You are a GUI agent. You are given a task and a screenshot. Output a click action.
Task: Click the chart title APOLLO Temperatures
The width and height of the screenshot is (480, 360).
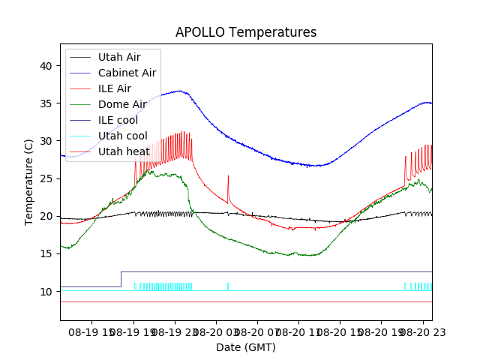[x=246, y=32]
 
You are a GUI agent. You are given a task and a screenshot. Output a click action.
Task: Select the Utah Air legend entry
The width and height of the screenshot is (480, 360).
[x=119, y=57]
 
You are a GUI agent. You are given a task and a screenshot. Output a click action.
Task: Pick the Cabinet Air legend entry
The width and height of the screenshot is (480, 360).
[x=127, y=73]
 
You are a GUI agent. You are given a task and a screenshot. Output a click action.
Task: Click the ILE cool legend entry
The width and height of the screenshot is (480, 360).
[x=118, y=120]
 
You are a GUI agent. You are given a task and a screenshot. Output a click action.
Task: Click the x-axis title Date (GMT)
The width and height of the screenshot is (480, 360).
[x=246, y=347]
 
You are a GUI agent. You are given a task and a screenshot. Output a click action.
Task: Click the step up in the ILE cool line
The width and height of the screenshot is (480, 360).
[x=121, y=279]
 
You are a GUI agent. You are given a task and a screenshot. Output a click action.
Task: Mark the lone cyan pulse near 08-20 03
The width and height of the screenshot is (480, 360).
[x=228, y=286]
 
